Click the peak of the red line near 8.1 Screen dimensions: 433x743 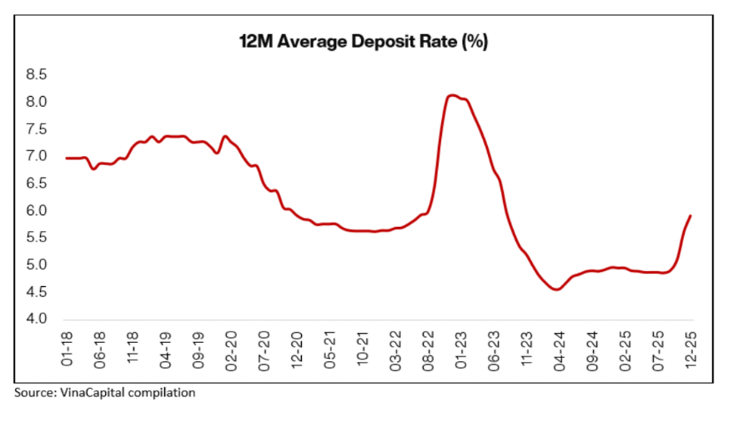click(x=452, y=95)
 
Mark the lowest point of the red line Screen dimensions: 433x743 click(x=557, y=290)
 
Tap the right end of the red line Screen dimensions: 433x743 click(x=691, y=215)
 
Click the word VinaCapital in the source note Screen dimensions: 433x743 click(x=95, y=392)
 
